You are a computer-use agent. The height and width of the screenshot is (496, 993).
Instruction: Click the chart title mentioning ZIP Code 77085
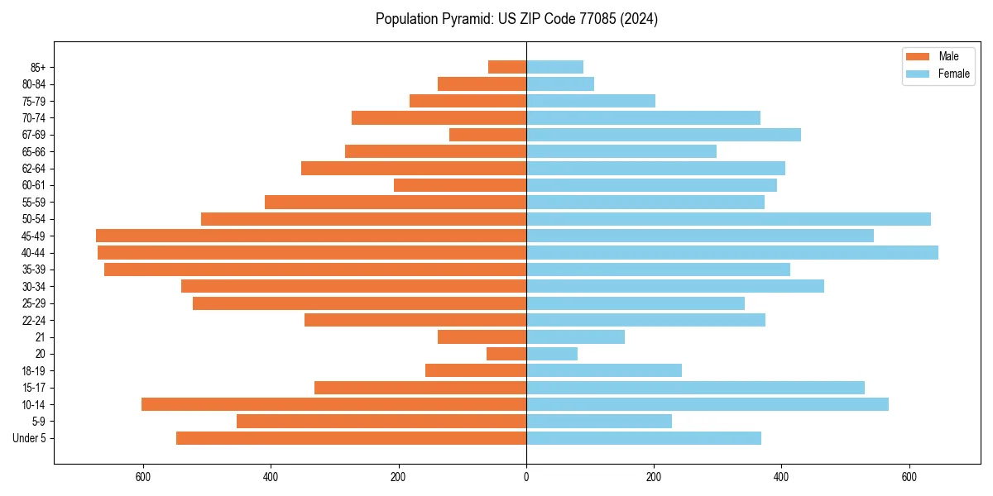pyautogui.click(x=516, y=19)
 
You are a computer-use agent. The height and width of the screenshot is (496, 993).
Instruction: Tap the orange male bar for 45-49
pyautogui.click(x=311, y=236)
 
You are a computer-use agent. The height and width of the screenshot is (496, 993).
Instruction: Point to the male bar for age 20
pyautogui.click(x=506, y=354)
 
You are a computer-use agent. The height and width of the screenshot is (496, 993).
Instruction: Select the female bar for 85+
pyautogui.click(x=554, y=67)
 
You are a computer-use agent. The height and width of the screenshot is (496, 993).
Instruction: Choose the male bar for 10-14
pyautogui.click(x=333, y=404)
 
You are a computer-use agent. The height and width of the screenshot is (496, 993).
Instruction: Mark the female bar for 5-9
pyautogui.click(x=599, y=421)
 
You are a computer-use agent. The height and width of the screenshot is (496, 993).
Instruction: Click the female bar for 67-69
pyautogui.click(x=664, y=135)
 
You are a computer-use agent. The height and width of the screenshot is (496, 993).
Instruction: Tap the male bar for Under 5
pyautogui.click(x=351, y=438)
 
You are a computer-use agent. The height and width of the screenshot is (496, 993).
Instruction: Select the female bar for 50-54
pyautogui.click(x=728, y=219)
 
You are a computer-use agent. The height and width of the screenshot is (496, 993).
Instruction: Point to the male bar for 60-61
pyautogui.click(x=460, y=185)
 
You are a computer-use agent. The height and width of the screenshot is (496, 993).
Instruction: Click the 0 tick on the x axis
pyautogui.click(x=526, y=477)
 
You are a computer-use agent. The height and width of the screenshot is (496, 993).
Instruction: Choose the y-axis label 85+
pyautogui.click(x=37, y=67)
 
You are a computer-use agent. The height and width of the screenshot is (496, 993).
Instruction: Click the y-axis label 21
pyautogui.click(x=41, y=337)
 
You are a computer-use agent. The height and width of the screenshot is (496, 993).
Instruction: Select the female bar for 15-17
pyautogui.click(x=695, y=388)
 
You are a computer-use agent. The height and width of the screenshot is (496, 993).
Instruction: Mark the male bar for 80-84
pyautogui.click(x=482, y=83)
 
